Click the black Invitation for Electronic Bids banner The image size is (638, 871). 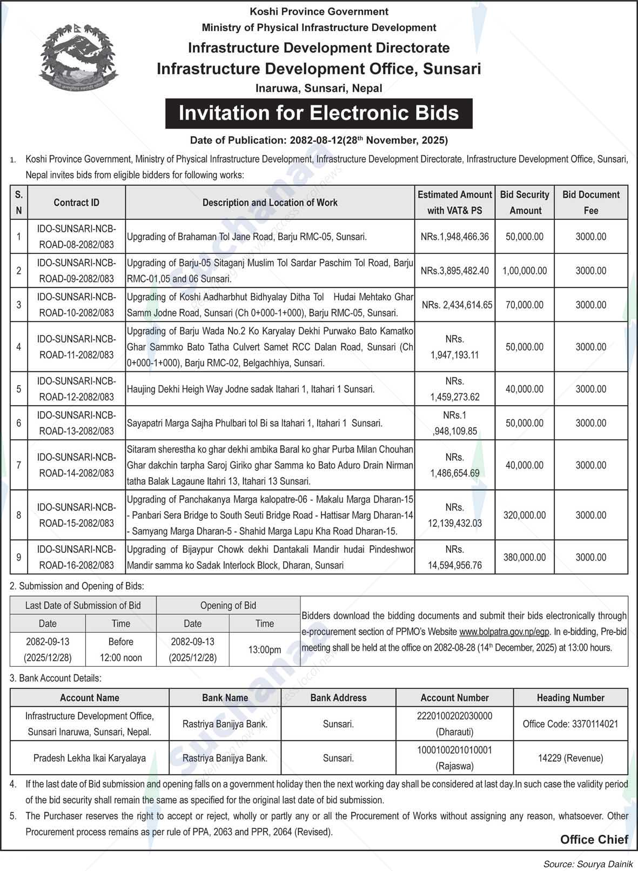pyautogui.click(x=319, y=113)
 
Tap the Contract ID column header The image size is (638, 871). pyautogui.click(x=76, y=203)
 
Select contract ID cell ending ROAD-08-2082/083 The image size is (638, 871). pyautogui.click(x=76, y=237)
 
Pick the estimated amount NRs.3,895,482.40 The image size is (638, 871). pyautogui.click(x=454, y=271)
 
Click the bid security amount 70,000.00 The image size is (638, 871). pyautogui.click(x=524, y=305)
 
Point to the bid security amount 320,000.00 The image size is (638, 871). pyautogui.click(x=524, y=515)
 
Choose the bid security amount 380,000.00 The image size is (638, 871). pyautogui.click(x=524, y=557)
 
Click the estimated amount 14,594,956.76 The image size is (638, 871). pyautogui.click(x=454, y=565)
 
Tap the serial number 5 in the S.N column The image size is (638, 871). pyautogui.click(x=19, y=389)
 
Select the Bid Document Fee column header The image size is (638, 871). pyautogui.click(x=591, y=203)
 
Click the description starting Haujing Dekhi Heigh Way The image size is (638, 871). pyautogui.click(x=251, y=389)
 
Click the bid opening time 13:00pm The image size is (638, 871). pyautogui.click(x=265, y=649)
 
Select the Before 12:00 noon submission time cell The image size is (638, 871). pyautogui.click(x=120, y=649)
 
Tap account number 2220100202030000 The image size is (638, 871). pyautogui.click(x=454, y=716)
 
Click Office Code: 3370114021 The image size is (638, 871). pyautogui.click(x=570, y=724)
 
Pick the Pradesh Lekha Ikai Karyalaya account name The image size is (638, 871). pyautogui.click(x=90, y=758)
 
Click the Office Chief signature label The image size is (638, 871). pyautogui.click(x=594, y=839)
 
